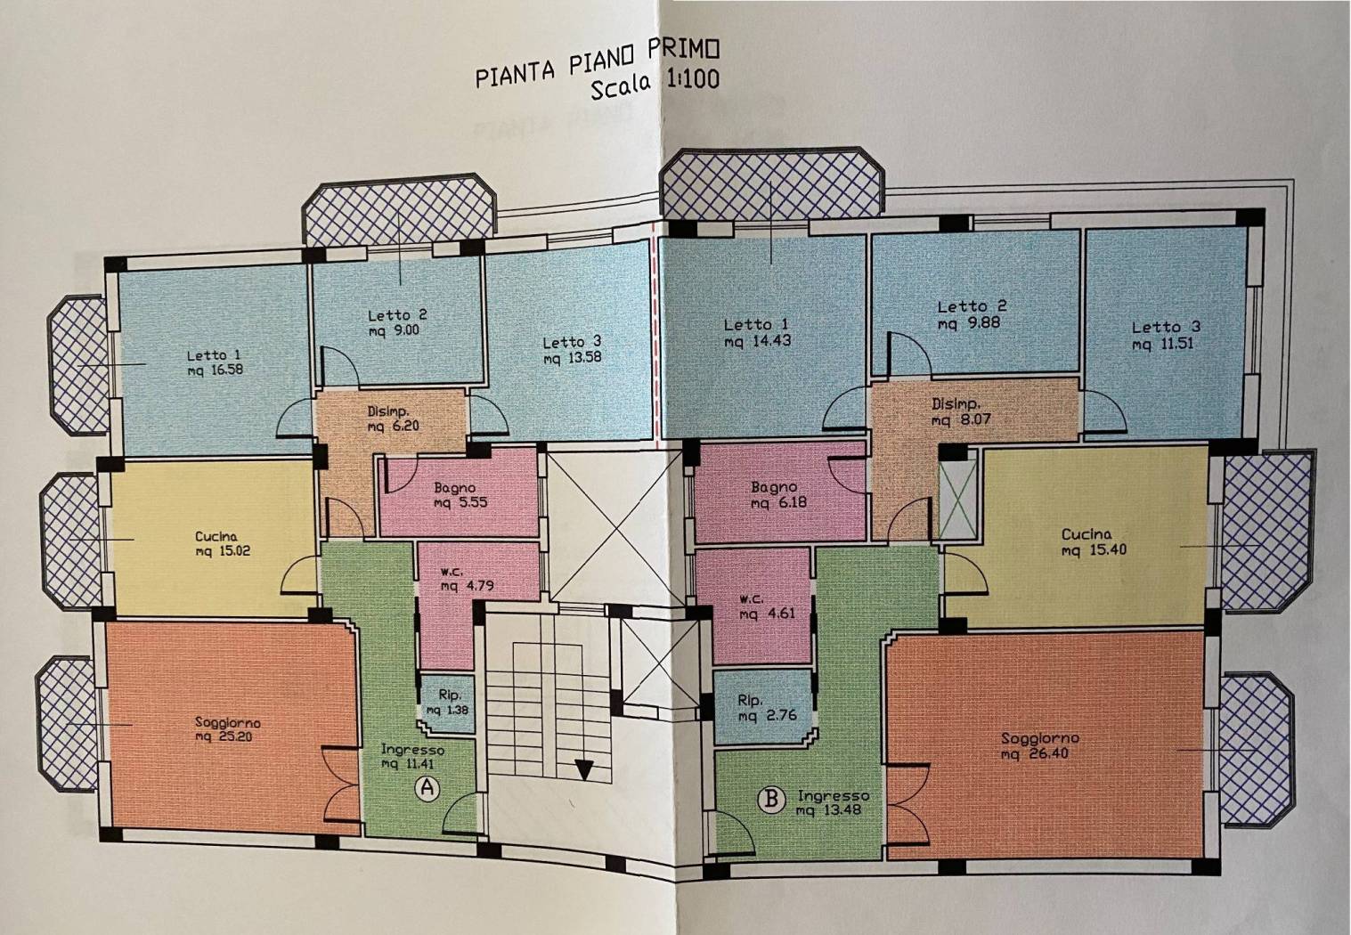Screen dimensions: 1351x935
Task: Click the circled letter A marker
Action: point(427,788)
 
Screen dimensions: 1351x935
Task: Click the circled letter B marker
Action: point(771,800)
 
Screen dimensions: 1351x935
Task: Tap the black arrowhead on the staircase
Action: point(583,769)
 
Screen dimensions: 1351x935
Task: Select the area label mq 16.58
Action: point(215,370)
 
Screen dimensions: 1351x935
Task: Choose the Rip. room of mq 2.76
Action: point(762,707)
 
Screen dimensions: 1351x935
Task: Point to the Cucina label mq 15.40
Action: point(1094,541)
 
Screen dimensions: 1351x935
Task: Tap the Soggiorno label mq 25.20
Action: point(227,729)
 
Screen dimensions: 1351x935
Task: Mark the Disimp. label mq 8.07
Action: point(961,411)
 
